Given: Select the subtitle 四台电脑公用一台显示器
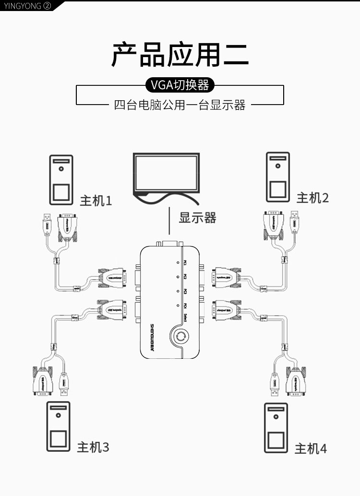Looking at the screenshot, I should (180, 105).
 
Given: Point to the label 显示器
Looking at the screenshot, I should (198, 218).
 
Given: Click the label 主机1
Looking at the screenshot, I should (96, 200).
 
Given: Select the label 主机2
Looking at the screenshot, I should (312, 197).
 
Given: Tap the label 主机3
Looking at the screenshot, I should (93, 447).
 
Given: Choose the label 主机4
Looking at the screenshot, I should (311, 449).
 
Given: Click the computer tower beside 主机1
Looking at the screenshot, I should (61, 180).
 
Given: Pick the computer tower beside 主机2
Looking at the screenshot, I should (278, 177).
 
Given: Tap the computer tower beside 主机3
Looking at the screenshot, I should (58, 426).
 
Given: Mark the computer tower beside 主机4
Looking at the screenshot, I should (276, 428).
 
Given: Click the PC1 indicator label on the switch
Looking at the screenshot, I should (185, 262).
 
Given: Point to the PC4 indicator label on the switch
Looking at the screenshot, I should (185, 306).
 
